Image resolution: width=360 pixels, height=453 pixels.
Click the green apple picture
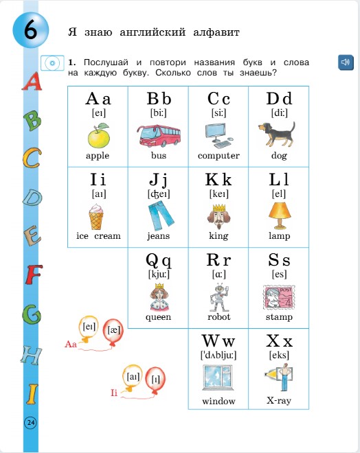tap(98, 135)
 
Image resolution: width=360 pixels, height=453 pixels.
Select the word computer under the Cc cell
tap(218, 156)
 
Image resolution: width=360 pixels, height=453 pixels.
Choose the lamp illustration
tap(278, 216)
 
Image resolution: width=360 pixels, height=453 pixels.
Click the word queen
tap(158, 317)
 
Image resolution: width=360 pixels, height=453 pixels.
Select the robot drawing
tap(218, 297)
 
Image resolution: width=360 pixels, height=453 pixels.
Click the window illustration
tap(218, 378)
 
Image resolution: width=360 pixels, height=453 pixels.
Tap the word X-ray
tap(279, 401)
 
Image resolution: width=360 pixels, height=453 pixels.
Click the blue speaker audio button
tap(346, 63)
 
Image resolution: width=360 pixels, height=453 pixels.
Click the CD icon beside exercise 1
tap(51, 64)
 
